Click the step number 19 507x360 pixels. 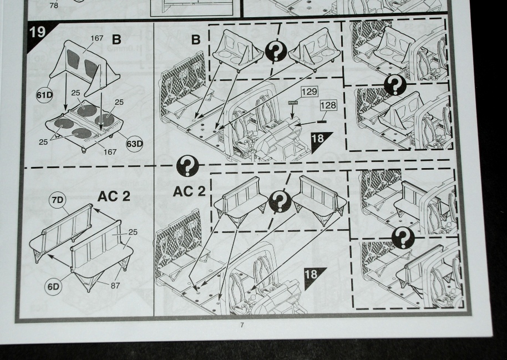[x=37, y=31]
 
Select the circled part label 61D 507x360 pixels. [x=45, y=95]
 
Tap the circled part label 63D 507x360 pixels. [x=134, y=144]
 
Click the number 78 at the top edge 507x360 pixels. [x=54, y=6]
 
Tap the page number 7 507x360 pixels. [x=241, y=325]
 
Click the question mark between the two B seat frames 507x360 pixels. [x=276, y=52]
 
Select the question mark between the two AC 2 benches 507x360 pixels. [x=280, y=202]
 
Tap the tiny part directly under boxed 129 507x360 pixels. [x=293, y=103]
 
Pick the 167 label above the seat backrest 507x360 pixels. [x=97, y=37]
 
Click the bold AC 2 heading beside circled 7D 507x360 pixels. [x=114, y=196]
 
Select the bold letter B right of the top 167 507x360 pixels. [x=116, y=40]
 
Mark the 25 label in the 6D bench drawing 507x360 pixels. [x=133, y=232]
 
